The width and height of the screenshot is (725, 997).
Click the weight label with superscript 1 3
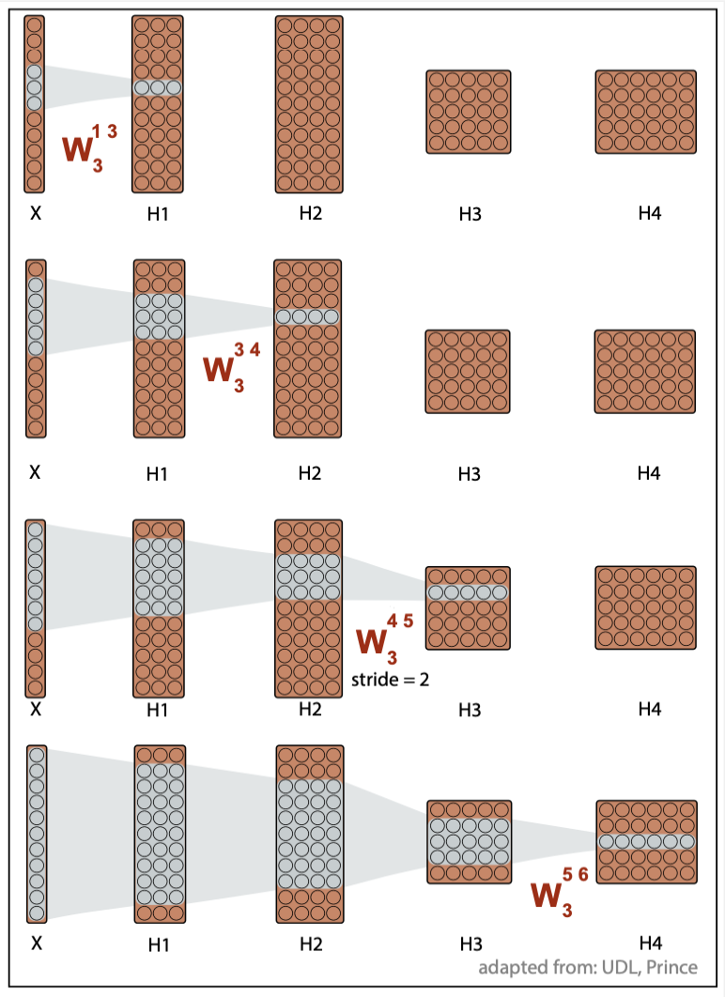coord(88,146)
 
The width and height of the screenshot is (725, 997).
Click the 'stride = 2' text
coord(390,679)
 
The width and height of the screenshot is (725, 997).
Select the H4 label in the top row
coord(649,214)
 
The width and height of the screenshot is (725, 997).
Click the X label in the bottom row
coord(36,943)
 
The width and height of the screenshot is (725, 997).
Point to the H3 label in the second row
coord(470,474)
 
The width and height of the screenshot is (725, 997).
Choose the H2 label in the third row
coord(310,709)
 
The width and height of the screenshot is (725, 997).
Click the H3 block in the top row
coord(469,112)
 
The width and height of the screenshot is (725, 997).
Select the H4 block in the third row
coord(646,607)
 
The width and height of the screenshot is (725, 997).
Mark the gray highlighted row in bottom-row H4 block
coord(646,841)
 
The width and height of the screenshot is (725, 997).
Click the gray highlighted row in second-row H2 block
coord(308,317)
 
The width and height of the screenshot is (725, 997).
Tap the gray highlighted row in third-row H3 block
coord(468,592)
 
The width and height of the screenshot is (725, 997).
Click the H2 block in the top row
coord(311,103)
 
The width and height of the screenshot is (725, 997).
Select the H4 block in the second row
coord(646,371)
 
